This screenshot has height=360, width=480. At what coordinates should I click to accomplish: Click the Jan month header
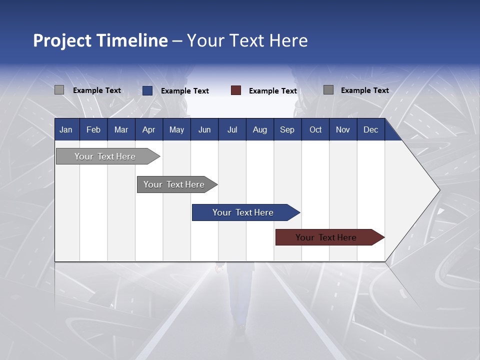(x=66, y=129)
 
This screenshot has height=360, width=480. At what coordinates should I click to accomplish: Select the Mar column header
(x=121, y=129)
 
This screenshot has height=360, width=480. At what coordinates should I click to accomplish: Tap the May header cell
(x=176, y=129)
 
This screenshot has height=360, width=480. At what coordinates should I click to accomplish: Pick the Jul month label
(x=232, y=129)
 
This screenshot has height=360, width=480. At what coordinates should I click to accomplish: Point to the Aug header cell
(x=259, y=129)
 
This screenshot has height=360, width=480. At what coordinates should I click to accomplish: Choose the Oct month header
(x=315, y=129)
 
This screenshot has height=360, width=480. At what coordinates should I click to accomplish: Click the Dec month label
(x=370, y=129)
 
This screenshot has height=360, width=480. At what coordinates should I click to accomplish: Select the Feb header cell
(x=93, y=129)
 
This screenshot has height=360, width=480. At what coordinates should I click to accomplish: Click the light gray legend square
(x=59, y=90)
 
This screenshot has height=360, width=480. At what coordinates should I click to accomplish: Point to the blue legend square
(x=147, y=90)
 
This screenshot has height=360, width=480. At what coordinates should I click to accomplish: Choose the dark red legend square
(x=236, y=90)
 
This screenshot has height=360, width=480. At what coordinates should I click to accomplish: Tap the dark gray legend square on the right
(x=328, y=90)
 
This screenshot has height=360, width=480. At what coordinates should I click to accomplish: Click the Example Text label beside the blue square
(x=185, y=91)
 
